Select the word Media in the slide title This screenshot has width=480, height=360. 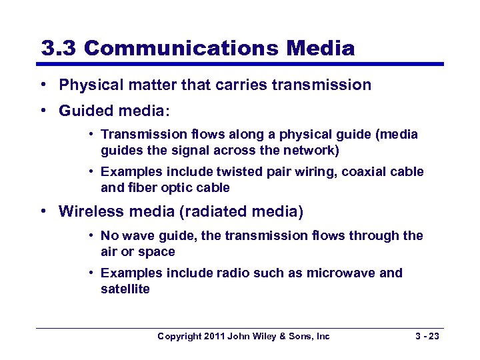click(x=321, y=48)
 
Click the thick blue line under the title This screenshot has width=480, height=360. click(x=240, y=65)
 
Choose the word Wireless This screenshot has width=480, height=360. click(x=86, y=212)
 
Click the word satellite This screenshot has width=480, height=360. click(x=125, y=289)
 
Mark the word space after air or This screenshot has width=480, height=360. click(x=157, y=252)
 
